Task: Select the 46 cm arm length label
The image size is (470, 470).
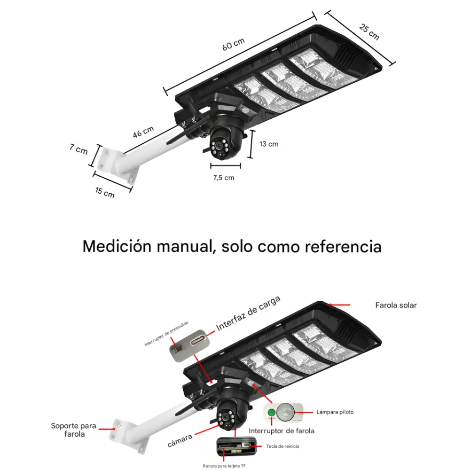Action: [x=143, y=132]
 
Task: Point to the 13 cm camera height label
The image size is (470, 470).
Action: [x=269, y=144]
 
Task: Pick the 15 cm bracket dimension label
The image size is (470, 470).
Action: [x=105, y=192]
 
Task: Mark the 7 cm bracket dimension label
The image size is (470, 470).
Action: [x=78, y=149]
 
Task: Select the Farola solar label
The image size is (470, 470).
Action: [x=396, y=305]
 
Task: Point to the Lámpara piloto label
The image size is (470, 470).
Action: [x=335, y=412]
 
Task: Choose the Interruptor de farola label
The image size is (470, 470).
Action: [x=282, y=431]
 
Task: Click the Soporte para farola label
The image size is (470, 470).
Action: [x=74, y=430]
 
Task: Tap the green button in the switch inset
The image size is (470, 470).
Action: [x=271, y=414]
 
